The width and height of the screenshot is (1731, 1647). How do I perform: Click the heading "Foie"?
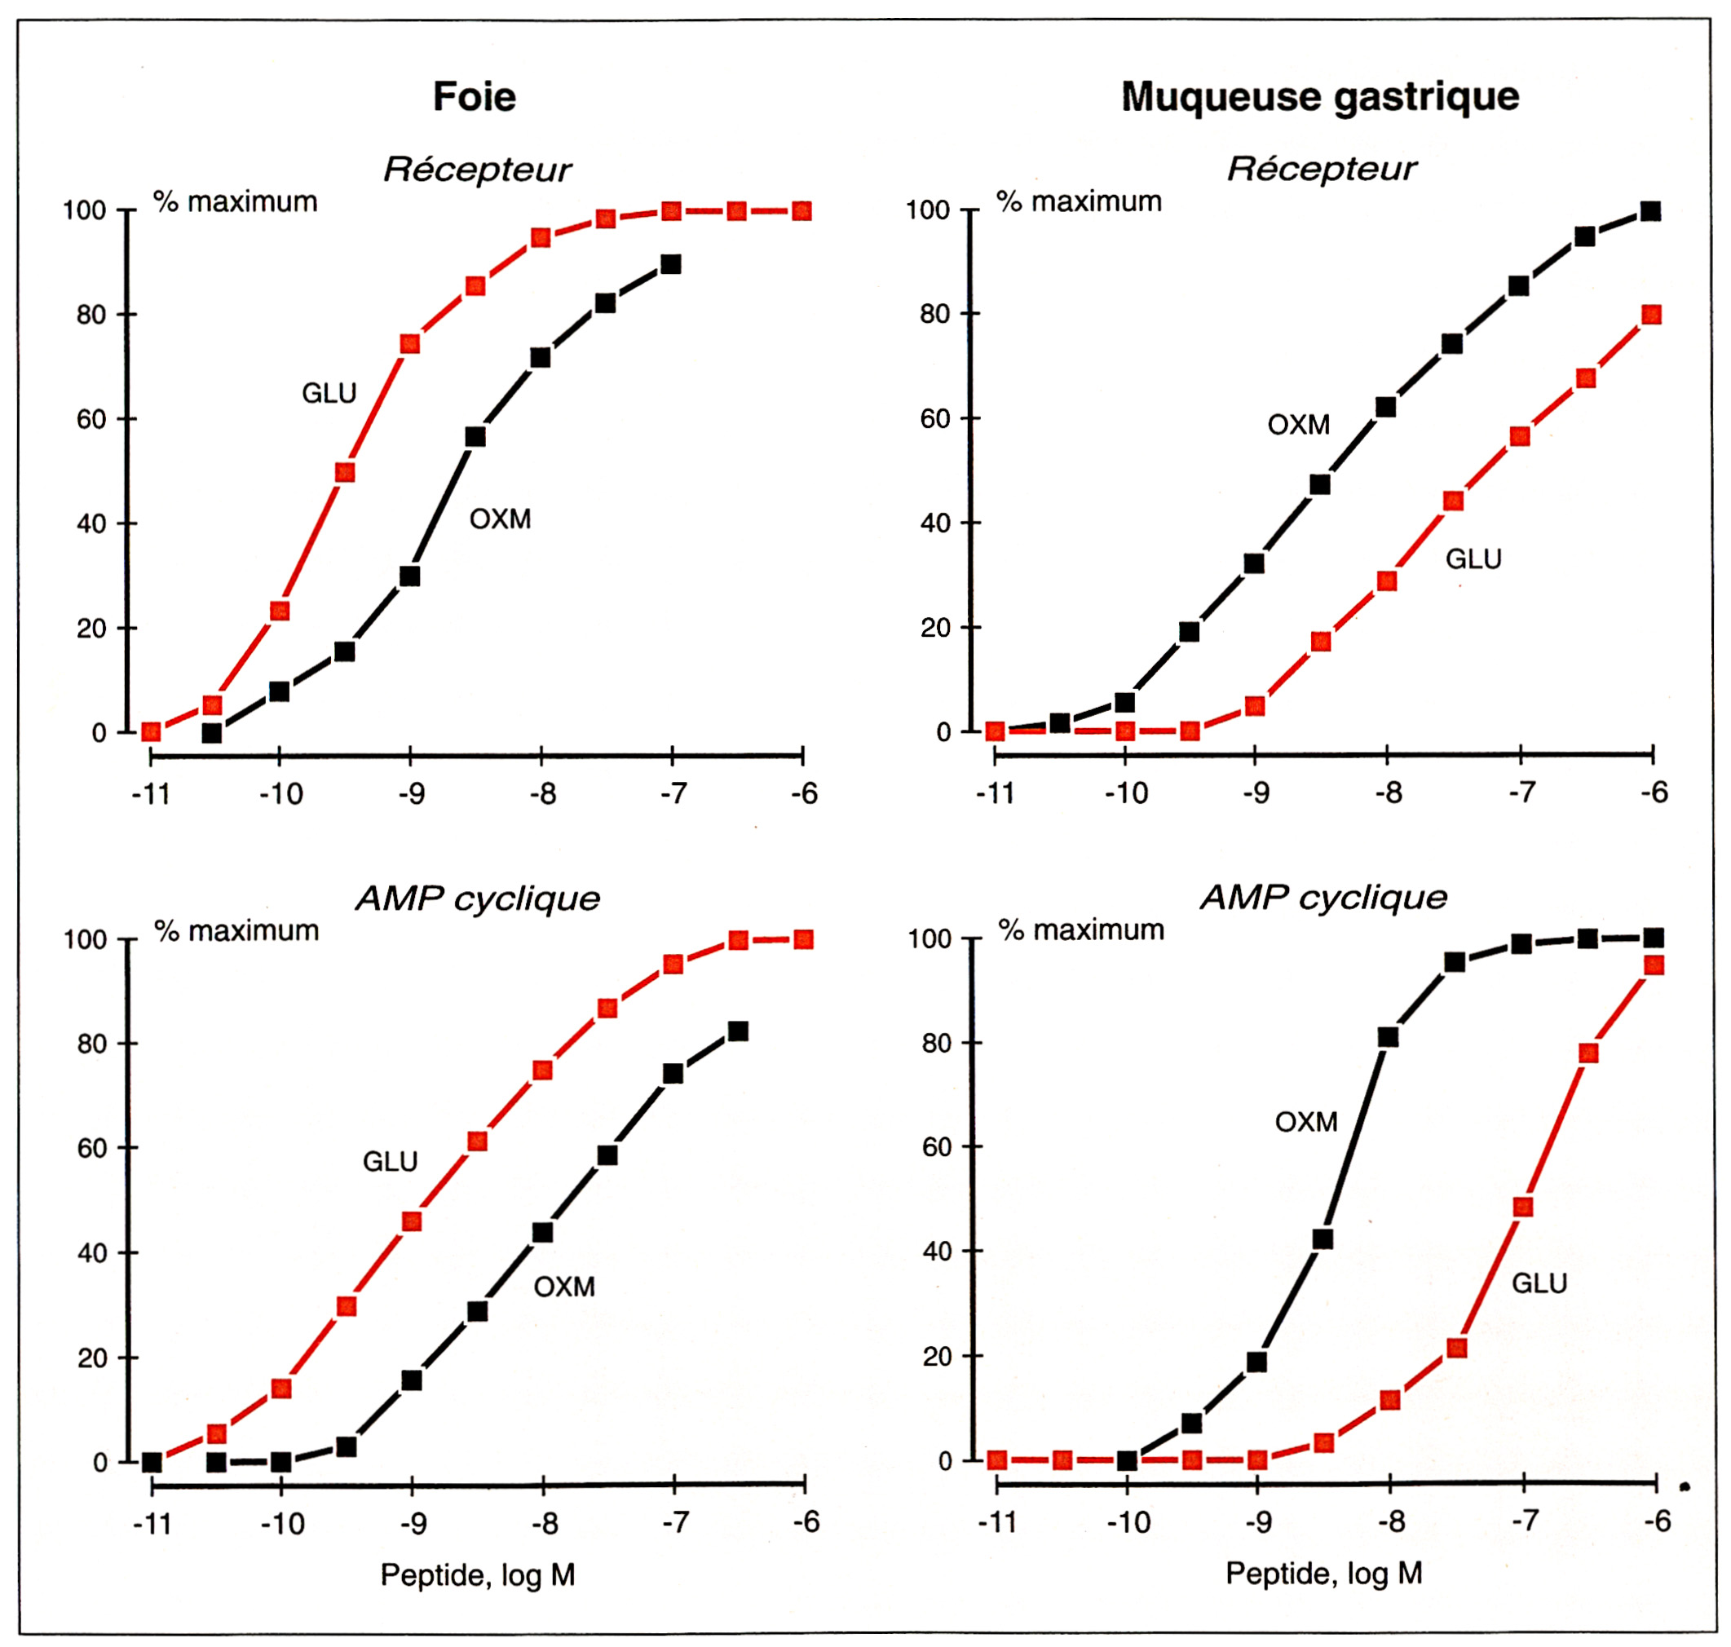[474, 95]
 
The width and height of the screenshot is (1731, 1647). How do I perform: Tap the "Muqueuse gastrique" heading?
[1319, 95]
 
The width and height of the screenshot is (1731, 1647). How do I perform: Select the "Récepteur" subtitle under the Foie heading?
[478, 170]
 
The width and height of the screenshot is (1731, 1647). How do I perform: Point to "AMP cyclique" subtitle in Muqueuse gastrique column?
[1323, 896]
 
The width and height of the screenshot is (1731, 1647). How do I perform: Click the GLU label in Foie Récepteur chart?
[329, 392]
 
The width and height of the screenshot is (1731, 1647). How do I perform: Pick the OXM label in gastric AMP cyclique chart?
[1306, 1121]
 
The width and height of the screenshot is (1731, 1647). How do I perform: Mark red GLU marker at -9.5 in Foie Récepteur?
[345, 472]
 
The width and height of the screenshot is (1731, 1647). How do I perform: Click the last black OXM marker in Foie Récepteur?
[671, 264]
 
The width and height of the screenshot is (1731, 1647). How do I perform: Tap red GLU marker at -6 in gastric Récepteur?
[1651, 314]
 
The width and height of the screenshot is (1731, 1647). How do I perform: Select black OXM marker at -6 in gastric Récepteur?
[1650, 210]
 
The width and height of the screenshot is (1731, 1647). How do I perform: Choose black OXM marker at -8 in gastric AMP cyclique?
[1388, 1037]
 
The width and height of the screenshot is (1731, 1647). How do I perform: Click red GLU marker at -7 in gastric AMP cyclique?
[1523, 1208]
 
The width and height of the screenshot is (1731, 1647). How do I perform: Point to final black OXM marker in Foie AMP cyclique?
[738, 1031]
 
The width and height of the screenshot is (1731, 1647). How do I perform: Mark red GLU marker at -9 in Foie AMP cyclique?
[412, 1221]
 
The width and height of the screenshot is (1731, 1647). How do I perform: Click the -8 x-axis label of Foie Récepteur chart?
[542, 793]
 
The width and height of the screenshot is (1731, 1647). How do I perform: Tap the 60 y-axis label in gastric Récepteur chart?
[935, 419]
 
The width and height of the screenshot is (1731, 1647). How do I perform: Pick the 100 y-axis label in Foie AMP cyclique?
[85, 939]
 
